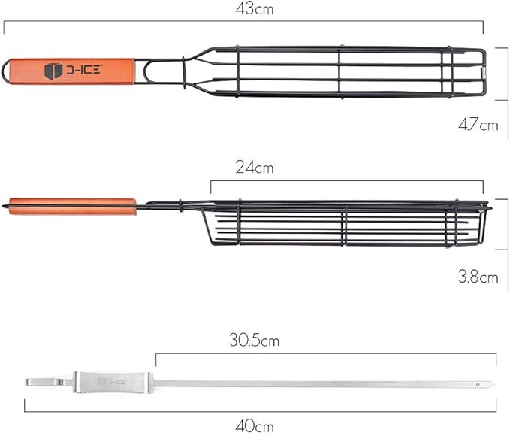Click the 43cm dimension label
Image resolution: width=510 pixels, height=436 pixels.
click(x=255, y=9)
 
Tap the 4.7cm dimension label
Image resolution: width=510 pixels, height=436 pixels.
click(x=478, y=125)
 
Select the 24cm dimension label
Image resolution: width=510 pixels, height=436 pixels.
click(x=255, y=168)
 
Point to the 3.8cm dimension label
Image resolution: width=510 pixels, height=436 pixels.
click(x=478, y=277)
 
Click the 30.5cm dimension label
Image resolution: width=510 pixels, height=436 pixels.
click(x=254, y=340)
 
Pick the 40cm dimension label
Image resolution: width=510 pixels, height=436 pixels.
click(x=255, y=426)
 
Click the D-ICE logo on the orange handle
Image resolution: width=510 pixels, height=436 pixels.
click(x=73, y=71)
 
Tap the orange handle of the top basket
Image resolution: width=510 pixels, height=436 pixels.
click(x=72, y=71)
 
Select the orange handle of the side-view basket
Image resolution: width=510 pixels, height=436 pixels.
click(x=73, y=207)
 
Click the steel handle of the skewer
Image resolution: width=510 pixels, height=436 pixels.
click(x=113, y=383)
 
